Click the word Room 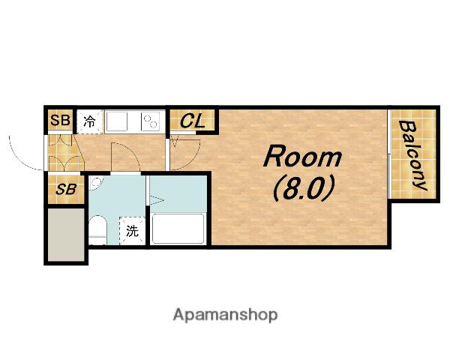pyautogui.click(x=303, y=157)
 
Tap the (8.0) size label pyautogui.click(x=303, y=188)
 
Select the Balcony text pyautogui.click(x=411, y=155)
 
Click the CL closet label pyautogui.click(x=193, y=121)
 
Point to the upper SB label pyautogui.click(x=60, y=120)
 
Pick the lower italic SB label pyautogui.click(x=66, y=189)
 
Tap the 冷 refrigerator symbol pyautogui.click(x=89, y=121)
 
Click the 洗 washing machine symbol pyautogui.click(x=132, y=231)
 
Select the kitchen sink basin pyautogui.click(x=116, y=121)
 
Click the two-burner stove pyautogui.click(x=150, y=121)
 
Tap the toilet pyautogui.click(x=97, y=230)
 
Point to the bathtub pyautogui.click(x=178, y=229)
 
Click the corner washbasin pyautogui.click(x=95, y=183)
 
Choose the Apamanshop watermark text pyautogui.click(x=225, y=315)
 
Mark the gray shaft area pyautogui.click(x=66, y=235)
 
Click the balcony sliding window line pyautogui.click(x=388, y=154)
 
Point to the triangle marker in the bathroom pyautogui.click(x=157, y=200)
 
